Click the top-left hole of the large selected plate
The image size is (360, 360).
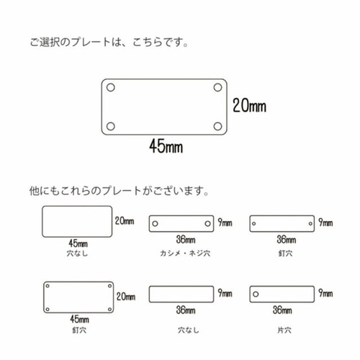click(x=111, y=88)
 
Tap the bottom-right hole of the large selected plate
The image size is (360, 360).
click(x=217, y=126)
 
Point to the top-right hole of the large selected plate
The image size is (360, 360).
click(x=217, y=88)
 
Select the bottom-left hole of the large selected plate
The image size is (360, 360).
click(x=111, y=126)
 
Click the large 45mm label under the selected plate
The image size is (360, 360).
click(x=166, y=146)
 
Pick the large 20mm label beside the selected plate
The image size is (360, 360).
click(x=249, y=106)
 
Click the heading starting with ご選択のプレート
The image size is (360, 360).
click(x=109, y=42)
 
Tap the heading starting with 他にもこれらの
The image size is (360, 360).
click(x=119, y=191)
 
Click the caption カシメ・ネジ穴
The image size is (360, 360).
click(x=185, y=253)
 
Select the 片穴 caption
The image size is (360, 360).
click(x=284, y=330)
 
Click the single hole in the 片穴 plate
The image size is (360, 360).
click(x=256, y=294)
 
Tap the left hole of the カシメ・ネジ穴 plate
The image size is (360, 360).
click(x=156, y=224)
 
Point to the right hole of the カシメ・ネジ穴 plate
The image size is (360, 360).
click(x=207, y=224)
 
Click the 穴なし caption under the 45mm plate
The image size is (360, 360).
click(x=77, y=253)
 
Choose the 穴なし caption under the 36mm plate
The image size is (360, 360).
click(x=189, y=330)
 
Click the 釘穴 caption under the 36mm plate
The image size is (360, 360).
click(x=285, y=253)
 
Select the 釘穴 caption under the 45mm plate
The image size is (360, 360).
click(x=79, y=330)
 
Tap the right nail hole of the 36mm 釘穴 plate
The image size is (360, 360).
click(x=310, y=224)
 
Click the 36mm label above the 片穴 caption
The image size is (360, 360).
click(x=282, y=310)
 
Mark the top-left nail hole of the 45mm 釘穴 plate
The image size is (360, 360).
click(x=48, y=286)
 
